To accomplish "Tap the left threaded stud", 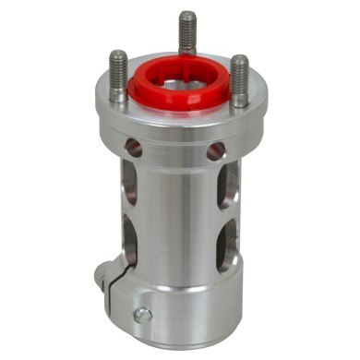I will (x=118, y=76).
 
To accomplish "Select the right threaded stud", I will (x=239, y=78).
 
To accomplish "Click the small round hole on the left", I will (x=134, y=148).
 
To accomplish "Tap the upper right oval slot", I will (x=227, y=185).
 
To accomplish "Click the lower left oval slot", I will (x=129, y=243).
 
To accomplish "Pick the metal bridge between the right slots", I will (x=227, y=214).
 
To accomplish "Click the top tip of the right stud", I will (x=240, y=59).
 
